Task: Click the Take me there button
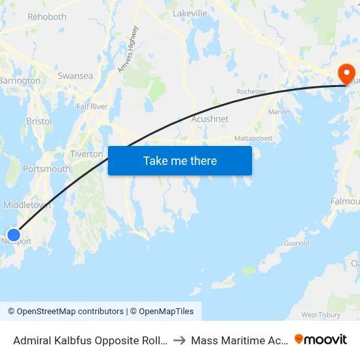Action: [x=180, y=160]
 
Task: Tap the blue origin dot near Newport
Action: [x=14, y=234]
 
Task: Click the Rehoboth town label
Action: [x=47, y=16]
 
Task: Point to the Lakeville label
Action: [x=190, y=12]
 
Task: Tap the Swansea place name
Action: [x=75, y=76]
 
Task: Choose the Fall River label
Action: [x=92, y=106]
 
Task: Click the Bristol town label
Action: [x=39, y=121]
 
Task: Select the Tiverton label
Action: [x=86, y=154]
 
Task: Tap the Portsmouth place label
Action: [x=46, y=169]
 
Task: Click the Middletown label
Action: [x=27, y=205]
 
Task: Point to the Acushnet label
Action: [x=209, y=119]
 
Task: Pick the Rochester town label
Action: [x=251, y=92]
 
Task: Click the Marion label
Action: [x=279, y=112]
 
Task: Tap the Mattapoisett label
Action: [x=253, y=139]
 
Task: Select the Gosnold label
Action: [x=297, y=243]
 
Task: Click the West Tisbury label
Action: [x=321, y=315]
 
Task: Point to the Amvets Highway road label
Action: [x=128, y=49]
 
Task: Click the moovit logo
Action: [x=321, y=339]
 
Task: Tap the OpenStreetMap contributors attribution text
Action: [x=70, y=312]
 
